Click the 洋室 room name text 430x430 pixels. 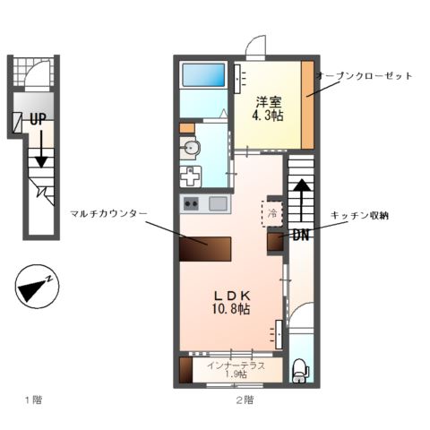pyautogui.click(x=268, y=100)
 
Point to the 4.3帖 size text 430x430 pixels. pyautogui.click(x=268, y=116)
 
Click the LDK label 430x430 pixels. pyautogui.click(x=232, y=295)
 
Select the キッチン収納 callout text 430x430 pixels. pyautogui.click(x=365, y=216)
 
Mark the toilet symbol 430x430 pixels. pyautogui.click(x=300, y=369)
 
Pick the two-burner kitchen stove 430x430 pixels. pyautogui.click(x=191, y=203)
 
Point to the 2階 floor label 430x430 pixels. pyautogui.click(x=244, y=400)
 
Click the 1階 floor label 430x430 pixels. pyautogui.click(x=32, y=400)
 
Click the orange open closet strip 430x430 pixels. pyautogui.click(x=306, y=105)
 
